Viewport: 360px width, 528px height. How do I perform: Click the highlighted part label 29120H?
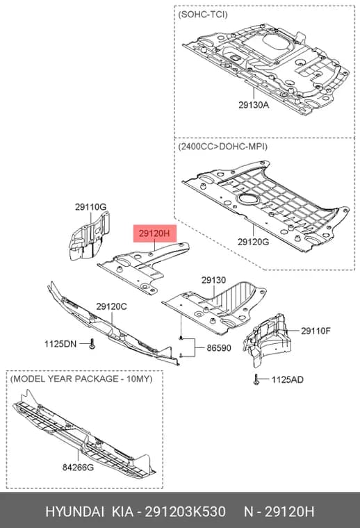pyautogui.click(x=155, y=233)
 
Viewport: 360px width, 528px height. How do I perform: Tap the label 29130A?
pyautogui.click(x=254, y=105)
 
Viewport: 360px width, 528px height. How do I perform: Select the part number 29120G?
pyautogui.click(x=253, y=242)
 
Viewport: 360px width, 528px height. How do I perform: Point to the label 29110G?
pyautogui.click(x=90, y=208)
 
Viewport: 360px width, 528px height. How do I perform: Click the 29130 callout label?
pyautogui.click(x=214, y=280)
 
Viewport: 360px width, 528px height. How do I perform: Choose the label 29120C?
pyautogui.click(x=111, y=307)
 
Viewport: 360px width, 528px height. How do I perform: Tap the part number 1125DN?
pyautogui.click(x=60, y=344)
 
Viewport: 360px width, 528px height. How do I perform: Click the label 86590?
pyautogui.click(x=219, y=348)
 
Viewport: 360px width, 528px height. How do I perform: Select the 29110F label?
pyautogui.click(x=316, y=331)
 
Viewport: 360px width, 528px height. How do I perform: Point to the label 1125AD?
pyautogui.click(x=288, y=380)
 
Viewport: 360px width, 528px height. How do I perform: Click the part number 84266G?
pyautogui.click(x=78, y=468)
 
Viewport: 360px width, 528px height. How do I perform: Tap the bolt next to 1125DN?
pyautogui.click(x=92, y=345)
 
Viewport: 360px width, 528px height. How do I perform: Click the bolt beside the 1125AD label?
pyautogui.click(x=256, y=379)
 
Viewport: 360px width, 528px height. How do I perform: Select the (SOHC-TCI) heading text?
pyautogui.click(x=203, y=15)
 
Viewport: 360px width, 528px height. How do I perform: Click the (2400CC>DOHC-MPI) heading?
pyautogui.click(x=222, y=147)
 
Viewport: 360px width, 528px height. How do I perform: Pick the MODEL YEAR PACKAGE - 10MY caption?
pyautogui.click(x=81, y=379)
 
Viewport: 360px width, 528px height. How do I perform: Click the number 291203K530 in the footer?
pyautogui.click(x=185, y=512)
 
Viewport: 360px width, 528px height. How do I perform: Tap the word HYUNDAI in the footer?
pyautogui.click(x=74, y=512)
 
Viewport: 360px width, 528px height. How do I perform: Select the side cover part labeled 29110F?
pyautogui.click(x=267, y=338)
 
